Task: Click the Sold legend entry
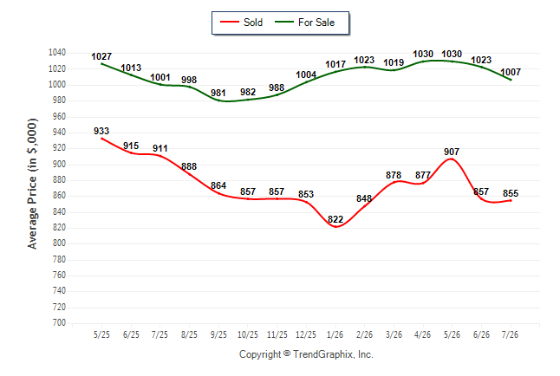click(242, 23)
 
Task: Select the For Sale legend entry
click(304, 23)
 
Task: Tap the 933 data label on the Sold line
click(101, 131)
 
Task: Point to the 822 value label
click(335, 219)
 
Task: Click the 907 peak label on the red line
click(452, 152)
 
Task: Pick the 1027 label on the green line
click(101, 56)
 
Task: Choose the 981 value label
click(218, 93)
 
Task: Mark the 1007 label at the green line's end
click(511, 72)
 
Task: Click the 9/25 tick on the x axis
click(218, 334)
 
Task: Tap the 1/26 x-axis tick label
click(335, 334)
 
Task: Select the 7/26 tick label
click(510, 334)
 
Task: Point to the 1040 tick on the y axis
click(57, 53)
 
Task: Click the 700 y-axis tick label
click(59, 323)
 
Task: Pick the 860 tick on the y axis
click(59, 196)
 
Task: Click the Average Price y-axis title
click(32, 184)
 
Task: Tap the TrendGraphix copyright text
click(306, 354)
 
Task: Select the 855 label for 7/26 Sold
click(511, 193)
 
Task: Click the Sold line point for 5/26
click(452, 159)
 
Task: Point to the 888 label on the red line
click(189, 166)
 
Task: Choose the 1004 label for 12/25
click(306, 75)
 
